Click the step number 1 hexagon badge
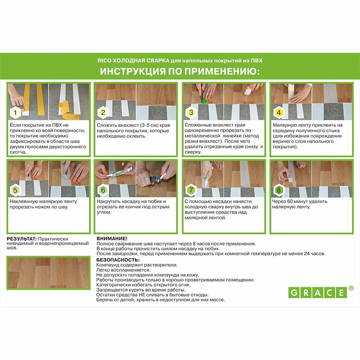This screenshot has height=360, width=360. pyautogui.click(x=15, y=112)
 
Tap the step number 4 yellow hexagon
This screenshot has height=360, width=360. pyautogui.click(x=279, y=112)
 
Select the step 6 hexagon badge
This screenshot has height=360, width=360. pyautogui.click(x=103, y=190)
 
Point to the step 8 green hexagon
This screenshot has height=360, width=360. pyautogui.click(x=279, y=190)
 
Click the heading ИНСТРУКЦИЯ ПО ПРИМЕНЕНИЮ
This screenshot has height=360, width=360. pyautogui.click(x=180, y=71)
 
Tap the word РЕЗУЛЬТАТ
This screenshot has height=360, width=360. pyautogui.click(x=22, y=239)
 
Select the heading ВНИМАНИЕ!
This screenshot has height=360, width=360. pyautogui.click(x=112, y=239)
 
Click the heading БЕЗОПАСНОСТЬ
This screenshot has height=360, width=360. pyautogui.click(x=118, y=260)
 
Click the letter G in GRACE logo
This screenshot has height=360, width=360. pyautogui.click(x=294, y=293)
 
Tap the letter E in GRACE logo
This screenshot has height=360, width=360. pyautogui.click(x=341, y=293)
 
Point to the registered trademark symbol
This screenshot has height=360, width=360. pyautogui.click(x=351, y=288)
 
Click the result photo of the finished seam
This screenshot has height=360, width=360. pyautogui.click(x=49, y=273)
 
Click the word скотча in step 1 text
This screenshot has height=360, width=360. pyautogui.click(x=18, y=152)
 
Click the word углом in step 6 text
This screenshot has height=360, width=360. pyautogui.click(x=104, y=212)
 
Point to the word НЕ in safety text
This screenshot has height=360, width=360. pyautogui.click(x=141, y=295)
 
